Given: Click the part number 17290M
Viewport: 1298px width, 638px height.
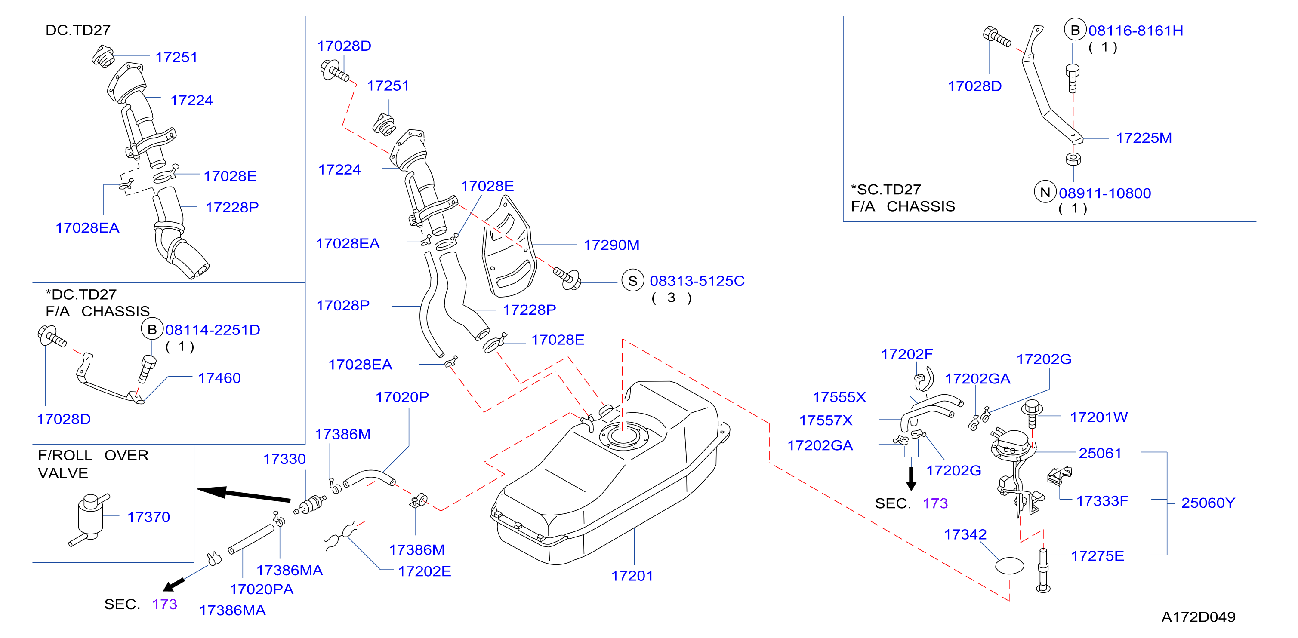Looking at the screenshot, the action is (611, 245).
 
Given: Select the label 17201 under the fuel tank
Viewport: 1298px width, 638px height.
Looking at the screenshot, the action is (632, 576).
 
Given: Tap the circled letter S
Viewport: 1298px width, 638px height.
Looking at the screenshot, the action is (632, 281).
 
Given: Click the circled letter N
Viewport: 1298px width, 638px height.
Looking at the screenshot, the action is (1045, 192).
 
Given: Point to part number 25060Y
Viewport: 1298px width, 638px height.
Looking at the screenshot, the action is (1208, 503).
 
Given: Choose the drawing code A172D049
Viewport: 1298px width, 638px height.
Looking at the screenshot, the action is (1198, 617).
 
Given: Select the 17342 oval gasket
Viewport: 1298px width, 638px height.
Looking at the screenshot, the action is (1009, 565).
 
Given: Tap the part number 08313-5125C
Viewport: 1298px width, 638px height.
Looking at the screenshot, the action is (697, 281).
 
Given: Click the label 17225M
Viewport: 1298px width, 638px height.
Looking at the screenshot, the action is (1144, 138).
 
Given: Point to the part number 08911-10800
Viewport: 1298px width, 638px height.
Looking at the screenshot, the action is (1104, 193).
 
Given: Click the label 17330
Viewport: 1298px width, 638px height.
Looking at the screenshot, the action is (284, 459).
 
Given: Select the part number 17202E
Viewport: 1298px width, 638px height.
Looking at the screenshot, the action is (424, 571).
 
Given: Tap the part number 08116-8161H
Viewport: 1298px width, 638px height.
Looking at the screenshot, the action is (1136, 31).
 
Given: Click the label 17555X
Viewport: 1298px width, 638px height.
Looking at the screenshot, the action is (839, 397).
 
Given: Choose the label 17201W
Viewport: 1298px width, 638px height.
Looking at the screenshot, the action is (1098, 417).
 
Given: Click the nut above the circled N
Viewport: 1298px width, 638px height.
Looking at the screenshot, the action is (1073, 159).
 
